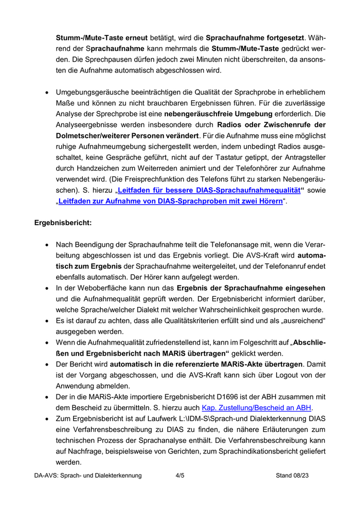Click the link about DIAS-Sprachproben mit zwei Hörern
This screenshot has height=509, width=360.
(x=170, y=201)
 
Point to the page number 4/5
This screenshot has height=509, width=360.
(x=180, y=476)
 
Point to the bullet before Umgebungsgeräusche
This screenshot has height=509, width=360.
(x=47, y=92)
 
